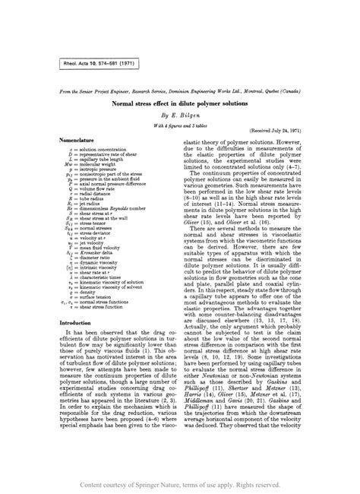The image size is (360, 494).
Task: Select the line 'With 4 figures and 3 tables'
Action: pyautogui.click(x=179, y=125)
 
